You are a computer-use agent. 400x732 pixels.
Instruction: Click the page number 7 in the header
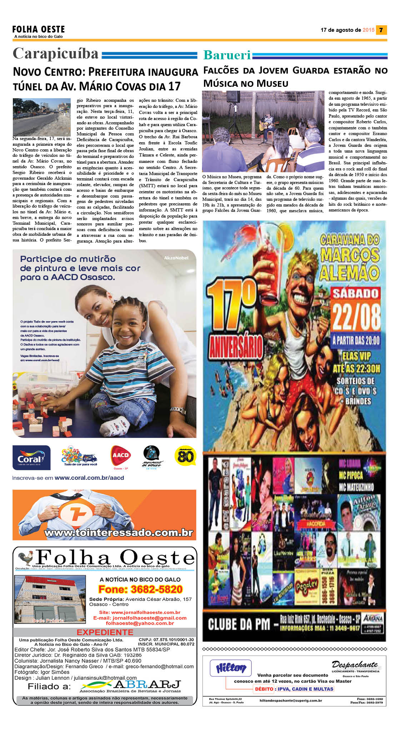click(x=381, y=30)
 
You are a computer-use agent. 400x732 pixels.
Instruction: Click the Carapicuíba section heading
click(x=56, y=54)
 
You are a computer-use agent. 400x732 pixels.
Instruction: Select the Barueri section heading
click(x=227, y=55)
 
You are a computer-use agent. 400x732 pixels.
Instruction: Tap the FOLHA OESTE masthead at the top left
click(x=39, y=29)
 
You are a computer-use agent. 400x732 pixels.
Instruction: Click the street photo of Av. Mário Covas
click(x=41, y=117)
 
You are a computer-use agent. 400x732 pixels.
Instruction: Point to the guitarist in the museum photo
click(x=269, y=123)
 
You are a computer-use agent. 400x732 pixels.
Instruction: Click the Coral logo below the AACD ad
click(x=31, y=458)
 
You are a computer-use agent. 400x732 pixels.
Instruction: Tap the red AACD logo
click(x=120, y=455)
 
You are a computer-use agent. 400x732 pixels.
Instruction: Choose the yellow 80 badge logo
click(x=185, y=456)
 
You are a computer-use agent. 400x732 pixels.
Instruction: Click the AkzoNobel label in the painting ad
click(x=176, y=258)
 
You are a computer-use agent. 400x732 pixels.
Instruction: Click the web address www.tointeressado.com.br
click(x=119, y=533)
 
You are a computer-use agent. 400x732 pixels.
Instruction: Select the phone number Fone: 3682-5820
click(x=140, y=589)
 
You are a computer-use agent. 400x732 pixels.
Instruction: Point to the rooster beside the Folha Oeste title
click(x=26, y=558)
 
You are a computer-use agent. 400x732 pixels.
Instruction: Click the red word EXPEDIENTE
click(x=105, y=632)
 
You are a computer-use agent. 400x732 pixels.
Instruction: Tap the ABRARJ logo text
click(x=147, y=684)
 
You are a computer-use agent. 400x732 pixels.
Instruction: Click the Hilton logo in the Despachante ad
click(x=231, y=668)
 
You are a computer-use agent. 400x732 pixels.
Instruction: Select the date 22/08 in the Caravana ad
click(x=356, y=317)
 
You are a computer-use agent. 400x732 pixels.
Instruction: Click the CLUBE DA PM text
click(x=239, y=624)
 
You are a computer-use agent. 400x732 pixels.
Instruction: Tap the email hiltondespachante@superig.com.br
click(x=291, y=701)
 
